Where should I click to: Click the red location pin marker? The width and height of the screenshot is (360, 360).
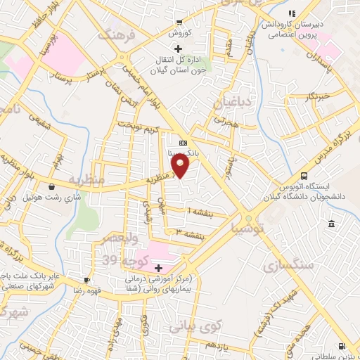click(181, 166)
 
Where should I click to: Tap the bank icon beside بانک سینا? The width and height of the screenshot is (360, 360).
click(183, 143)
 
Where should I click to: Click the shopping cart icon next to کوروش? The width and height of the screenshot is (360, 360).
click(180, 22)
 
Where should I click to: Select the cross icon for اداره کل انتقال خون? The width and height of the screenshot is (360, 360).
click(178, 49)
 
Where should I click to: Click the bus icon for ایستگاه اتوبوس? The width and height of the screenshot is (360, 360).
click(304, 176)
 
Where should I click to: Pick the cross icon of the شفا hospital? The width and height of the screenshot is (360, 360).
click(158, 268)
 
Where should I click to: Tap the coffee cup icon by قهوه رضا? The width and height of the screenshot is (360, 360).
click(86, 279)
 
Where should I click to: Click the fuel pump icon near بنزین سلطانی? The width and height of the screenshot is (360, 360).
click(342, 346)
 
